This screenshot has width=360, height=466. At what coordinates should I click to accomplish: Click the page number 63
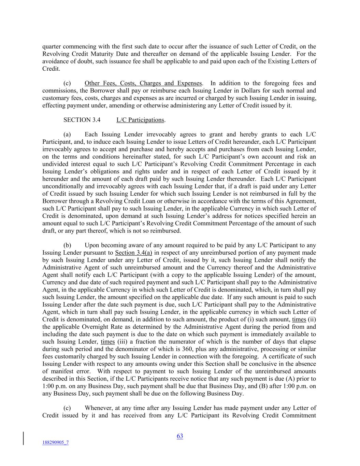[180, 436]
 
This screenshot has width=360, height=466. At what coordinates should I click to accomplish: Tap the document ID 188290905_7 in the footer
[55, 442]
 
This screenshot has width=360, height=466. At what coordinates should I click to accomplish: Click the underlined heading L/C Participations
[140, 120]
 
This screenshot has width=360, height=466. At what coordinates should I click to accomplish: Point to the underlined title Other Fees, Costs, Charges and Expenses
[143, 83]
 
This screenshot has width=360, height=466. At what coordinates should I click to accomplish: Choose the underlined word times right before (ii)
[299, 320]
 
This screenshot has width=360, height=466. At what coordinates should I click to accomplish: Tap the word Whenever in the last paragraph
[99, 408]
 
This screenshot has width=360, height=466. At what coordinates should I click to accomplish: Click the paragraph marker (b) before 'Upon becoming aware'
[67, 245]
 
